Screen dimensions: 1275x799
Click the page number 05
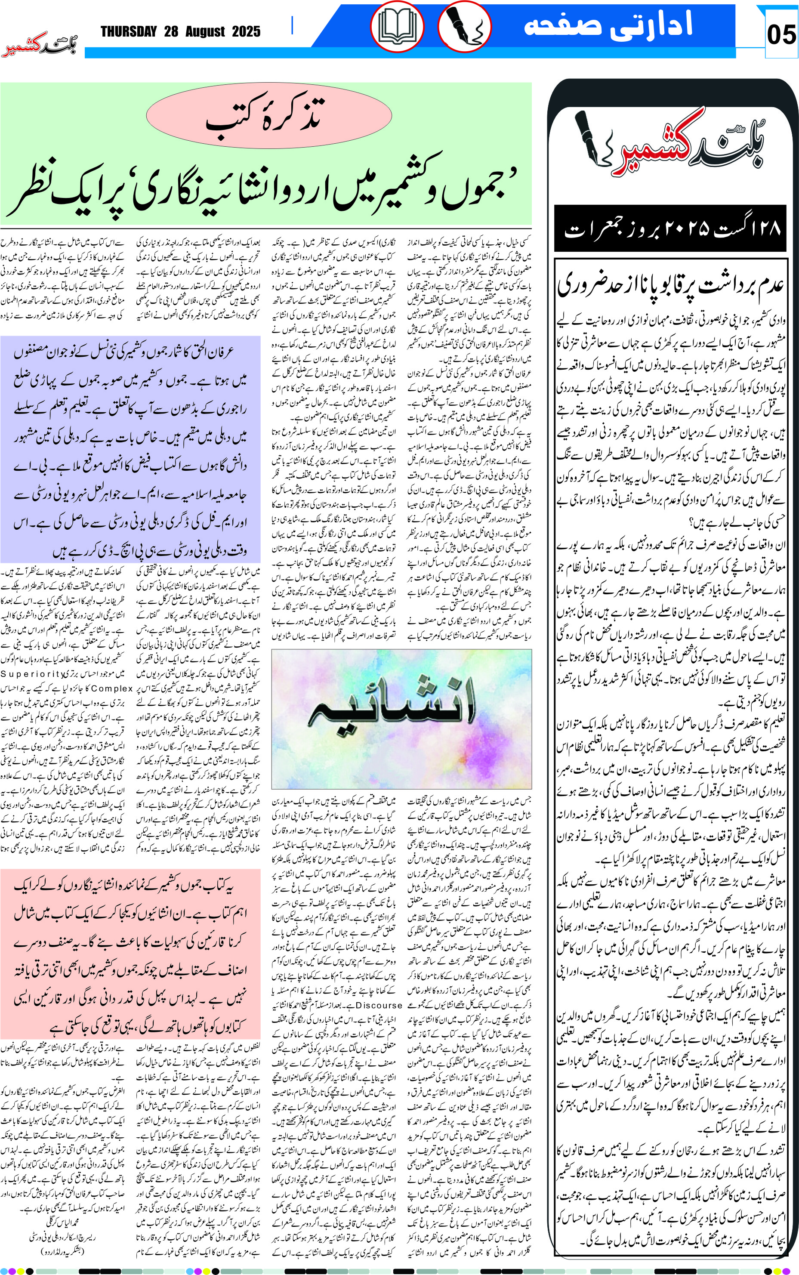pos(780,35)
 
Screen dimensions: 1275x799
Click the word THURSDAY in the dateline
pos(129,32)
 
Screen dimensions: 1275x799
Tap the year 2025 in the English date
pos(246,32)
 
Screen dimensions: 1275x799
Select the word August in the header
pos(204,32)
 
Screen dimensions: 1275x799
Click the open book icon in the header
pos(396,26)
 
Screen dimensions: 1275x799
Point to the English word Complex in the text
pos(111,688)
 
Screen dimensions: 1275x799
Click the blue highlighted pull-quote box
pos(130,449)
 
